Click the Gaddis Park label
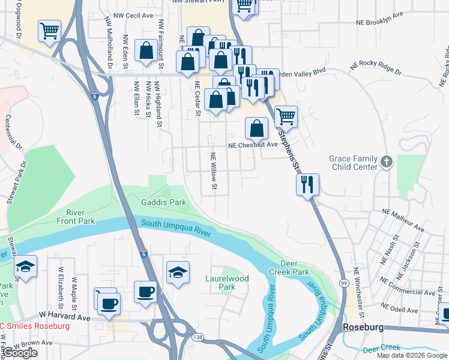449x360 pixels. [x=163, y=202]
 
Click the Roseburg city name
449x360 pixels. [x=362, y=328]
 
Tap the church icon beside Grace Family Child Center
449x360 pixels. [x=386, y=162]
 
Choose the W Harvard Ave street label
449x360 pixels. [x=64, y=315]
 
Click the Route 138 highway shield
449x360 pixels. [x=197, y=337]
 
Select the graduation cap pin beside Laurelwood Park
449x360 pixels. [x=178, y=273]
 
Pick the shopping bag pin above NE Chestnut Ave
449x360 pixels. [x=256, y=128]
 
